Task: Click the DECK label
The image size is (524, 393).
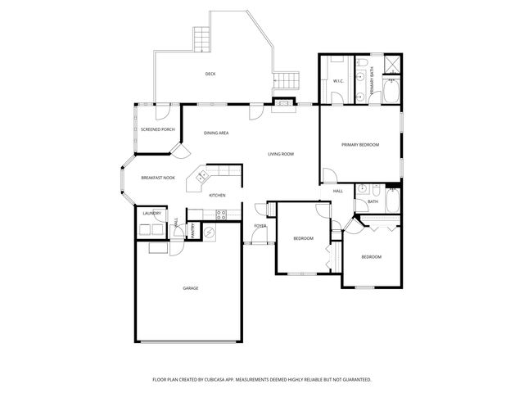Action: pyautogui.click(x=210, y=75)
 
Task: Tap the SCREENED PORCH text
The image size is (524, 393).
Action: pyautogui.click(x=157, y=129)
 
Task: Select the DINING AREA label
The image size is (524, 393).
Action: pyautogui.click(x=216, y=133)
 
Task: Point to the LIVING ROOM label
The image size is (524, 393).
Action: pyautogui.click(x=281, y=154)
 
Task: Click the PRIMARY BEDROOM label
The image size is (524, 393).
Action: pyautogui.click(x=360, y=144)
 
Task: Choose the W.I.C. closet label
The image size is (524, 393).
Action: pyautogui.click(x=339, y=81)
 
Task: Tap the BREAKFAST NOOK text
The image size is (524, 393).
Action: pyautogui.click(x=157, y=178)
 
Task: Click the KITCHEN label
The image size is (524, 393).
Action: pyautogui.click(x=217, y=195)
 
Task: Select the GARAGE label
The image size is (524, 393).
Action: pyautogui.click(x=191, y=287)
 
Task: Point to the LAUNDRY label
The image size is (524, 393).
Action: pyautogui.click(x=151, y=213)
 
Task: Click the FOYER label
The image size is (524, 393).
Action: pyautogui.click(x=260, y=225)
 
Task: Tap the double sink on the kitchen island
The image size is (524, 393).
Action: pyautogui.click(x=201, y=175)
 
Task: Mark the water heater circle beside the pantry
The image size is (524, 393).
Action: pyautogui.click(x=208, y=233)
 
